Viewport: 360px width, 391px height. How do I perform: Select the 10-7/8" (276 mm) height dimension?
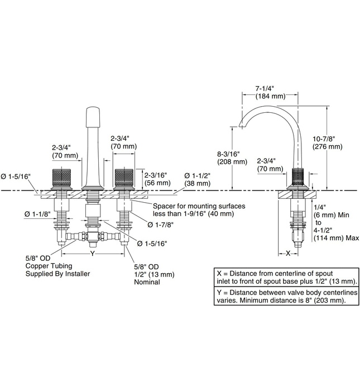(328, 142)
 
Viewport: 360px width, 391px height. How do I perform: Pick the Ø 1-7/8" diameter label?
(160, 225)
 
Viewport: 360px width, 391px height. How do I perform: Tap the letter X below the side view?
(288, 253)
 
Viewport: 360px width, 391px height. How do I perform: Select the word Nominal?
(146, 282)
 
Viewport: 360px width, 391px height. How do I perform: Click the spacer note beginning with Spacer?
(199, 210)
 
